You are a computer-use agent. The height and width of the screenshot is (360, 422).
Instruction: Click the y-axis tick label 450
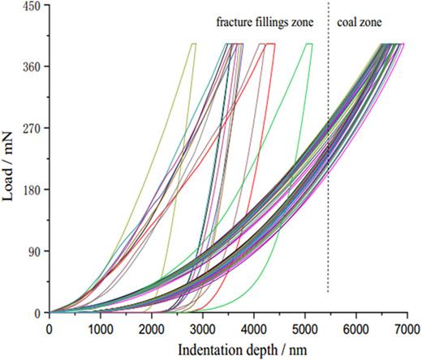[31, 6]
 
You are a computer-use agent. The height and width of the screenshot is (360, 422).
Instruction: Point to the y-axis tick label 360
[31, 66]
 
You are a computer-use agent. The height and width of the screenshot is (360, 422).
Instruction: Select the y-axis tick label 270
[31, 128]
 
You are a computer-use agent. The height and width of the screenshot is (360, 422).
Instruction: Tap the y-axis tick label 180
[31, 190]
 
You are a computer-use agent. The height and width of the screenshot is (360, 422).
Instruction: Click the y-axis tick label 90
[34, 251]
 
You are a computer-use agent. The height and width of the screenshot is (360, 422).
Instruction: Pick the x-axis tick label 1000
[101, 328]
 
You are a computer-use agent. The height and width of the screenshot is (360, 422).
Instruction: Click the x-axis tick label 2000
[152, 328]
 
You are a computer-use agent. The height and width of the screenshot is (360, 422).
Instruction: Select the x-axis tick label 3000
[203, 328]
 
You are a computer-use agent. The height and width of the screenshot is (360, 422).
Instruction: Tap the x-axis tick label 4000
[254, 328]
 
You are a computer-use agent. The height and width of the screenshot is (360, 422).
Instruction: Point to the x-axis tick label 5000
[305, 328]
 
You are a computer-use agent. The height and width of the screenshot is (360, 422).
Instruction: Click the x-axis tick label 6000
[356, 328]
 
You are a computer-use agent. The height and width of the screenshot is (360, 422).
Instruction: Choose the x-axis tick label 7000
[407, 328]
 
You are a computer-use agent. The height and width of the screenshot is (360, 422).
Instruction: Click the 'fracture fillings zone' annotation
[266, 24]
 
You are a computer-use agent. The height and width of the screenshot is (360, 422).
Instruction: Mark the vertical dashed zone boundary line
[328, 162]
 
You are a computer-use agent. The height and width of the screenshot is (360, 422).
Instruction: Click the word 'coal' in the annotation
[349, 24]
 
